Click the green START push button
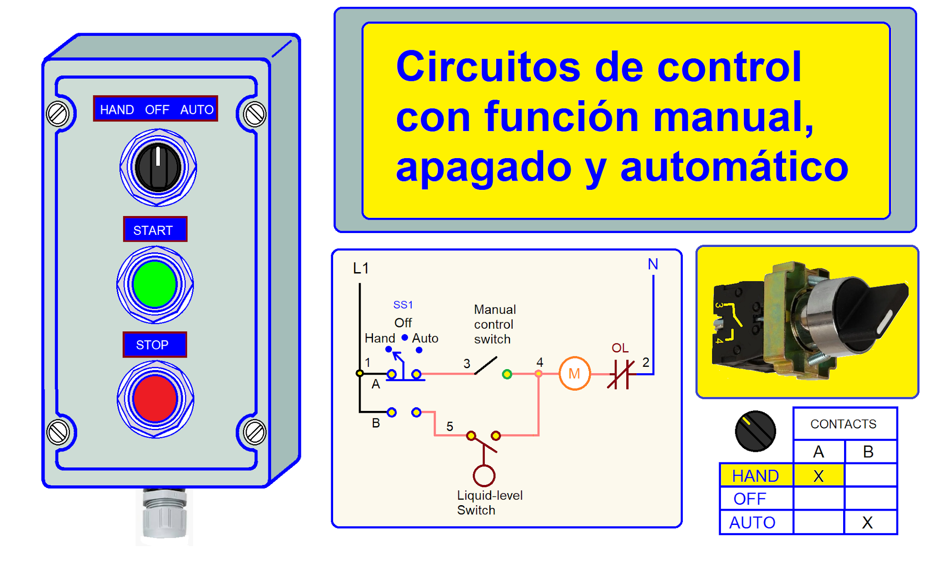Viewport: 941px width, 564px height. pyautogui.click(x=155, y=284)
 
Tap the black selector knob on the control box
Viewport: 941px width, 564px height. pyautogui.click(x=158, y=167)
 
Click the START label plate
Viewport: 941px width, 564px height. pyautogui.click(x=155, y=229)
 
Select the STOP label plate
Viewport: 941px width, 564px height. pyautogui.click(x=154, y=344)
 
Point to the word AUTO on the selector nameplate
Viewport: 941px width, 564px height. pyautogui.click(x=197, y=109)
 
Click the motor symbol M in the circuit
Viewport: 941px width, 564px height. pyautogui.click(x=574, y=374)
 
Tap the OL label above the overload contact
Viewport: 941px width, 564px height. pyautogui.click(x=620, y=348)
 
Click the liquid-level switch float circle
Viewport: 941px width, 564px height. pyautogui.click(x=484, y=475)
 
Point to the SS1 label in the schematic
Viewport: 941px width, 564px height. pyautogui.click(x=403, y=305)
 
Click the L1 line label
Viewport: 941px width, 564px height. pyautogui.click(x=361, y=268)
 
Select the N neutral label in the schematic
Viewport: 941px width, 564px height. pyautogui.click(x=653, y=264)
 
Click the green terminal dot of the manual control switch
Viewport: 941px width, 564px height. pyautogui.click(x=507, y=374)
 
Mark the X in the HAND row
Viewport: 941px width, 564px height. pyautogui.click(x=818, y=476)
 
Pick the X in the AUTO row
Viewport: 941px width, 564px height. pyautogui.click(x=867, y=523)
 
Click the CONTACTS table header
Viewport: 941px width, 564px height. pyautogui.click(x=843, y=424)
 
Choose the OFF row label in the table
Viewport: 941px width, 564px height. pyautogui.click(x=750, y=499)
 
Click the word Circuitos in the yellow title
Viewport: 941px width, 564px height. pyautogui.click(x=488, y=67)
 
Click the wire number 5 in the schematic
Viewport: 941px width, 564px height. pyautogui.click(x=450, y=427)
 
